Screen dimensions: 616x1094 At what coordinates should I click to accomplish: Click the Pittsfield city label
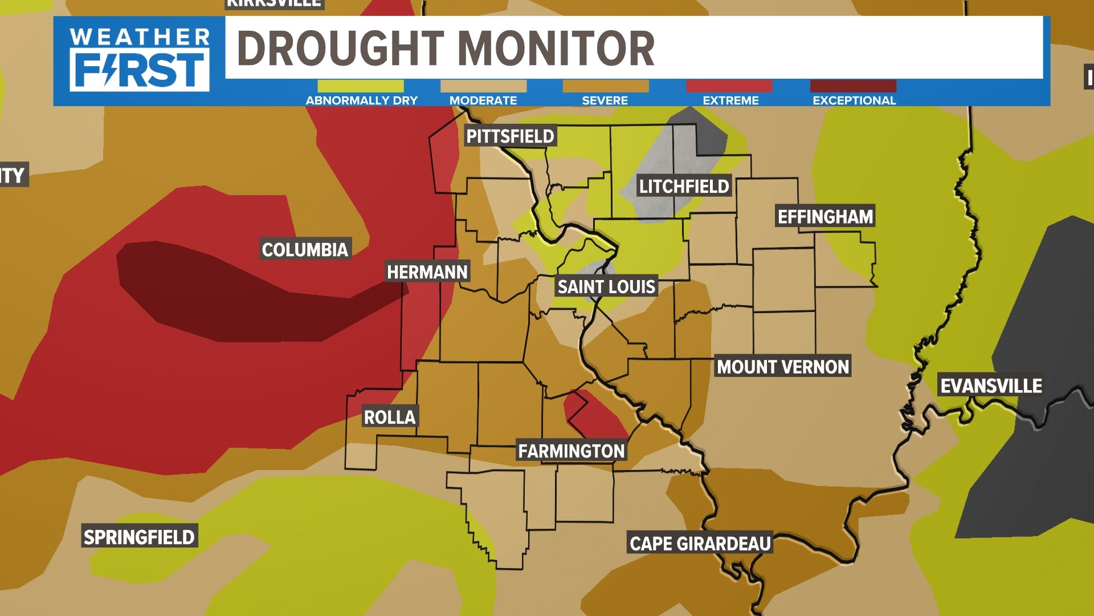[x=510, y=136]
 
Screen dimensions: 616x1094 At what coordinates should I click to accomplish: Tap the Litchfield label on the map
[x=684, y=186]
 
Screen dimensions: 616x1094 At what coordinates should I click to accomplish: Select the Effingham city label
[x=825, y=216]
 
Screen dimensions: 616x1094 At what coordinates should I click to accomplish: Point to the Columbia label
[x=305, y=249]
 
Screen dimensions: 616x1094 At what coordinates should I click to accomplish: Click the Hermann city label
[x=427, y=272]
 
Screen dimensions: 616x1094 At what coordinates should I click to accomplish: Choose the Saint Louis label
[x=606, y=286]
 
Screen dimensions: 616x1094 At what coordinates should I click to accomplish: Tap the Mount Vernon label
[x=783, y=367]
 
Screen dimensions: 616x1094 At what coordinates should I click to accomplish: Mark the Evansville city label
[x=991, y=386]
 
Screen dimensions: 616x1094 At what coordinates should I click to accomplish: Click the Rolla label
[x=390, y=417]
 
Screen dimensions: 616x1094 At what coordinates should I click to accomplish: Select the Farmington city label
[x=572, y=451]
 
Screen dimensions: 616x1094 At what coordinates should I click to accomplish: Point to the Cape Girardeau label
[x=700, y=544]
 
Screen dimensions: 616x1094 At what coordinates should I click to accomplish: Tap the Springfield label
[x=139, y=537]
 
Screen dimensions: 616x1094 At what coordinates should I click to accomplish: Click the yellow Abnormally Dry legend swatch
[x=361, y=86]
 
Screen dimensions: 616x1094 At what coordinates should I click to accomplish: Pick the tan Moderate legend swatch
[x=483, y=86]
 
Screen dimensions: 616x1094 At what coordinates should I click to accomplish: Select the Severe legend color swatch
[x=605, y=86]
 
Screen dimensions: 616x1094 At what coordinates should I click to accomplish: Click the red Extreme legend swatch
[x=729, y=86]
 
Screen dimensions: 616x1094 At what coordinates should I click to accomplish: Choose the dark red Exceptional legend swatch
[x=853, y=86]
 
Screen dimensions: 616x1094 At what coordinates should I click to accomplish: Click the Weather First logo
[x=140, y=60]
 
